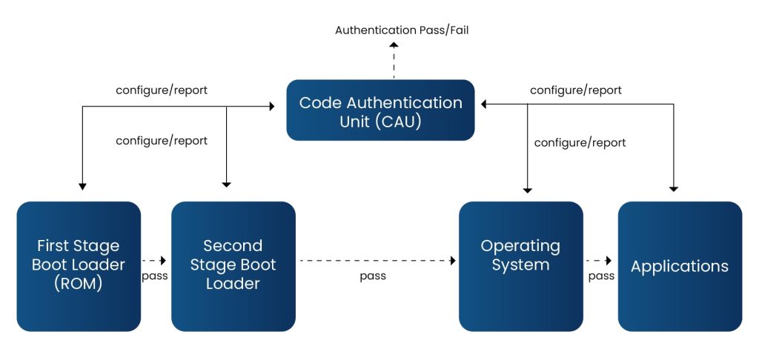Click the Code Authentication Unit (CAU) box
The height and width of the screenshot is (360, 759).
point(380,110)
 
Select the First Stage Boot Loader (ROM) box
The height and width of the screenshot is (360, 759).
point(79,266)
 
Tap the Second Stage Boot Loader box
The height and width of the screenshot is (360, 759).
point(233,266)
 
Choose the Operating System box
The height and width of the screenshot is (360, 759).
point(520,266)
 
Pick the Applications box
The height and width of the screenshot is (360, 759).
point(680,266)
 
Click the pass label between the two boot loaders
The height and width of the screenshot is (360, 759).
point(154,276)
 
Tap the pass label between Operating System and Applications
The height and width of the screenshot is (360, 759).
point(601,276)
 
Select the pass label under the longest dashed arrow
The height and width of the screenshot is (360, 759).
point(373,276)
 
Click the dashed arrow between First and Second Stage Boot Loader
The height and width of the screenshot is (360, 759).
point(153,261)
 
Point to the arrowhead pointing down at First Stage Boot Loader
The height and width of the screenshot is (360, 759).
point(82,185)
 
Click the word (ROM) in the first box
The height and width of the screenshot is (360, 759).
point(79,284)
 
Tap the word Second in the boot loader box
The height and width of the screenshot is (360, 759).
point(233,246)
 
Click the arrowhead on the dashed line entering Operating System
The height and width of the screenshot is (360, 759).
point(451,261)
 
